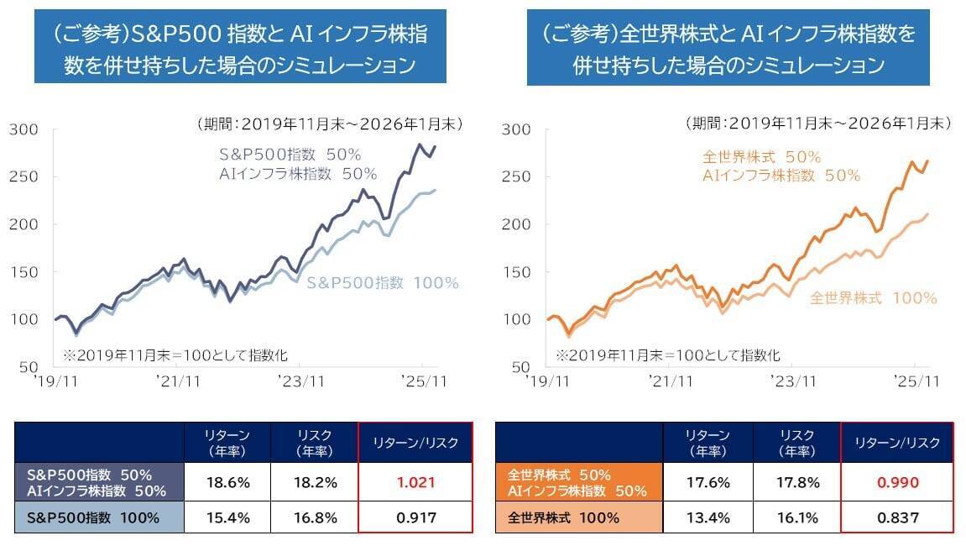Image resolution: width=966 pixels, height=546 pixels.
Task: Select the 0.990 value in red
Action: (x=897, y=483)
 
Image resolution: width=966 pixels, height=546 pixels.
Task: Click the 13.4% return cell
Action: (x=708, y=517)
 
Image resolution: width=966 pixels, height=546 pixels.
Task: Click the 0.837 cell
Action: (x=897, y=517)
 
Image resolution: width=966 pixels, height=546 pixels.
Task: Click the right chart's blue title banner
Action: (x=728, y=47)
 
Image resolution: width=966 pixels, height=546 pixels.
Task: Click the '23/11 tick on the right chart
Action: (x=794, y=381)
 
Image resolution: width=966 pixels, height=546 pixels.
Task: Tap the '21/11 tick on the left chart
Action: (x=179, y=381)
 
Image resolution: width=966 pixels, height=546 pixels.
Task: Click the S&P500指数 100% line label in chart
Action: (x=383, y=283)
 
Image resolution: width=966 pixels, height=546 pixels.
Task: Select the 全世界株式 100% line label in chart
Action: (x=873, y=298)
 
